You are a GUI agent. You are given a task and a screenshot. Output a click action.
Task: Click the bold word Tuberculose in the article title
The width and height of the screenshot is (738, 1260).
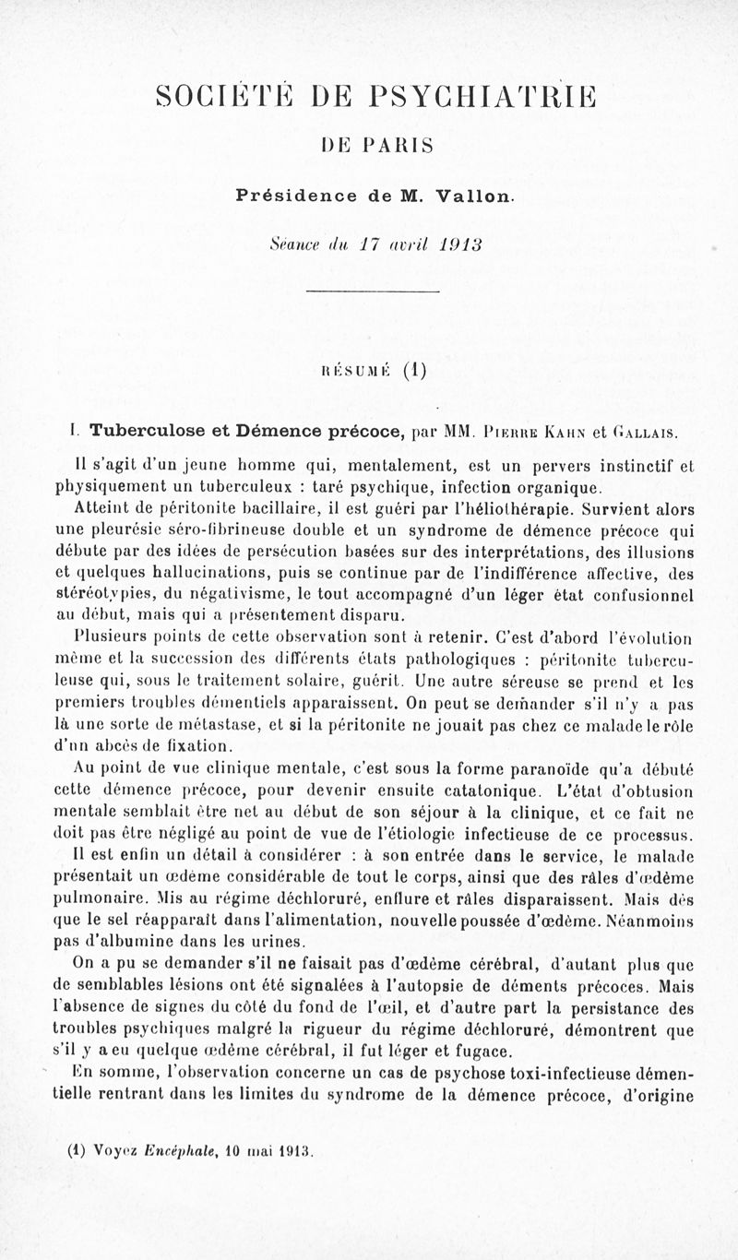pos(147,429)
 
